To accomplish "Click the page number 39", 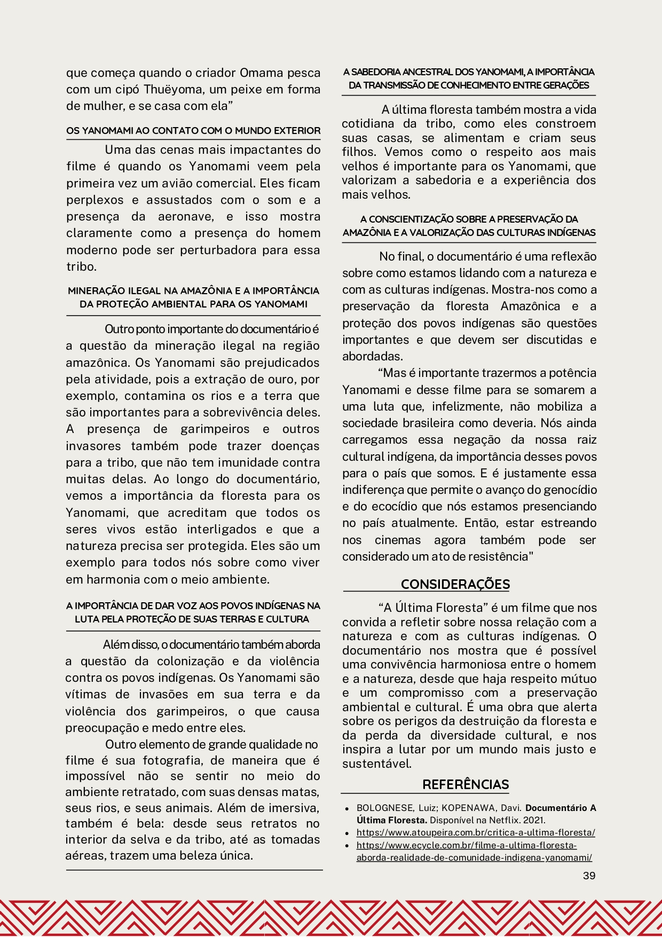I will tap(589, 875).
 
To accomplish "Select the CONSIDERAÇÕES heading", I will tap(455, 584).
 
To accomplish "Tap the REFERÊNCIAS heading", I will tap(466, 784).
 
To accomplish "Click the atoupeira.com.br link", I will tap(476, 832).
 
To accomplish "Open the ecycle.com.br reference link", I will tap(474, 852).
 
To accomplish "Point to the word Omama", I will tap(261, 73).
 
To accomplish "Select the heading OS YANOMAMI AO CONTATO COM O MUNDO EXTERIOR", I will tap(193, 130).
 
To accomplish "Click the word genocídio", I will tap(573, 490).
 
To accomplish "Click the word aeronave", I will tap(186, 216).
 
